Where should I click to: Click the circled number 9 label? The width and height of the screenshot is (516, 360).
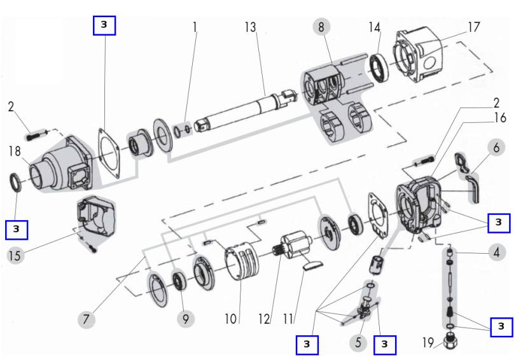[x=185, y=318]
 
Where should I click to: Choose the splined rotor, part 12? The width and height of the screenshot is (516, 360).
[x=293, y=246]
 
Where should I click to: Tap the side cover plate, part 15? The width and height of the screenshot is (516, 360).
[x=96, y=222]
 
